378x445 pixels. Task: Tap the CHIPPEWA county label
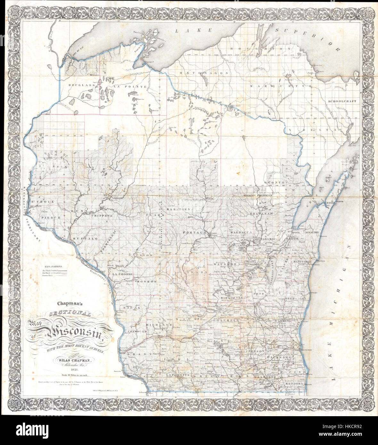coord(102,216)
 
